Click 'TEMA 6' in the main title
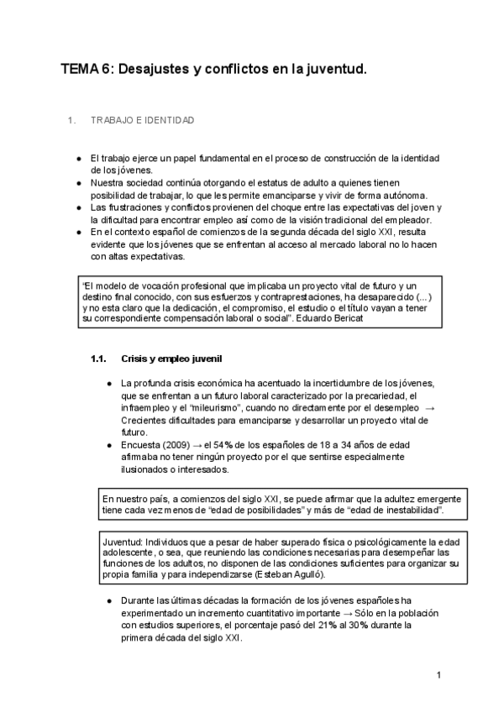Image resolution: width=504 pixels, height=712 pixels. tap(84, 73)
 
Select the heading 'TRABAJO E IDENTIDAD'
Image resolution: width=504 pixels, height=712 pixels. tap(142, 121)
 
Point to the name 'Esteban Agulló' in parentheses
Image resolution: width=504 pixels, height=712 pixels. tap(291, 575)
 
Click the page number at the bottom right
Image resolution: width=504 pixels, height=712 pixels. tap(438, 674)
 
